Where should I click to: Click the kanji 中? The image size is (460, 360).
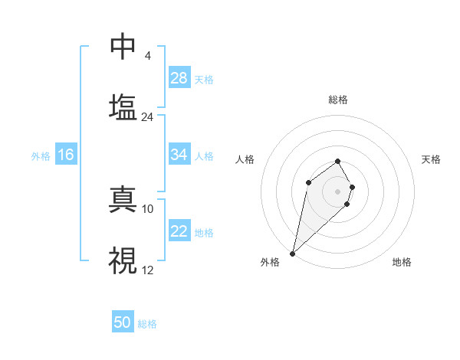pyautogui.click(x=123, y=47)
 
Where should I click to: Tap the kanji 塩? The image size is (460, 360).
pyautogui.click(x=123, y=106)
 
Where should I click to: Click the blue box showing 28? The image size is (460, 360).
pyautogui.click(x=179, y=78)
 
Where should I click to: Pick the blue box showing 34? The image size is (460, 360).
pyautogui.click(x=179, y=155)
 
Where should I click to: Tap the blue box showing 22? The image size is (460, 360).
pyautogui.click(x=179, y=231)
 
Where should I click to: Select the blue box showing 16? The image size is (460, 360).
pyautogui.click(x=66, y=155)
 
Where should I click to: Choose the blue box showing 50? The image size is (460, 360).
pyautogui.click(x=123, y=322)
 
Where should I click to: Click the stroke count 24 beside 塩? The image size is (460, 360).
pyautogui.click(x=147, y=117)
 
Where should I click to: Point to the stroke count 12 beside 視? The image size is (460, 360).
pyautogui.click(x=147, y=270)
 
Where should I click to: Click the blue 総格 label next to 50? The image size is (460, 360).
pyautogui.click(x=147, y=324)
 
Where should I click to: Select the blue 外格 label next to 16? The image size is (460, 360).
pyautogui.click(x=41, y=156)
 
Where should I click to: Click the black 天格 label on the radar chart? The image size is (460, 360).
pyautogui.click(x=432, y=159)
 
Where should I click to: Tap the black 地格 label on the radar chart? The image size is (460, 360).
pyautogui.click(x=402, y=262)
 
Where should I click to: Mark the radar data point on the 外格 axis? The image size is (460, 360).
pyautogui.click(x=292, y=253)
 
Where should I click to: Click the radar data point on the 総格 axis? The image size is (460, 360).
pyautogui.click(x=337, y=161)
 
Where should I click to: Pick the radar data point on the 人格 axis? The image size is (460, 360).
pyautogui.click(x=308, y=182)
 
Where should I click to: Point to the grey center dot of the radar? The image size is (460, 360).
pyautogui.click(x=337, y=191)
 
